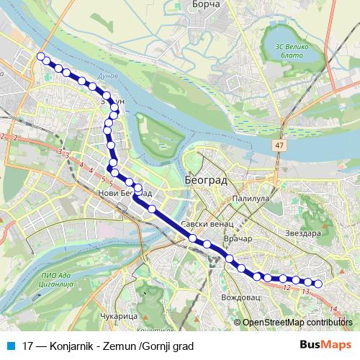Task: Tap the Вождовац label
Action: pos(238,296)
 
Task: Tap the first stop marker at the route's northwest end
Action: pos(40,56)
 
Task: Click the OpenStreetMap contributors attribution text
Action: pos(297,323)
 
